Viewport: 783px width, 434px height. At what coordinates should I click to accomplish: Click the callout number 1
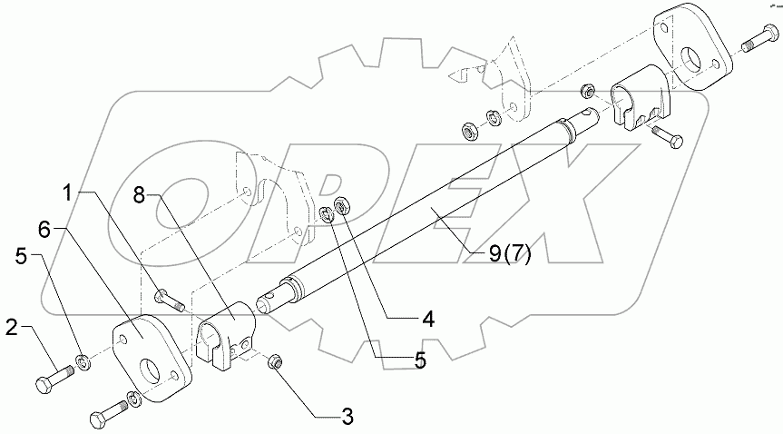click(x=68, y=192)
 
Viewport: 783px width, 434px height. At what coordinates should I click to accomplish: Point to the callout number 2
click(x=11, y=324)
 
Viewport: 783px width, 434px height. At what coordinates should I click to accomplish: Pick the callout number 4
click(x=426, y=319)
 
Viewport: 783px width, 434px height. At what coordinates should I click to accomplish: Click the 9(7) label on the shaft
click(x=509, y=253)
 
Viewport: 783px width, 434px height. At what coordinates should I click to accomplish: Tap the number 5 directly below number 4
click(x=419, y=360)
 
